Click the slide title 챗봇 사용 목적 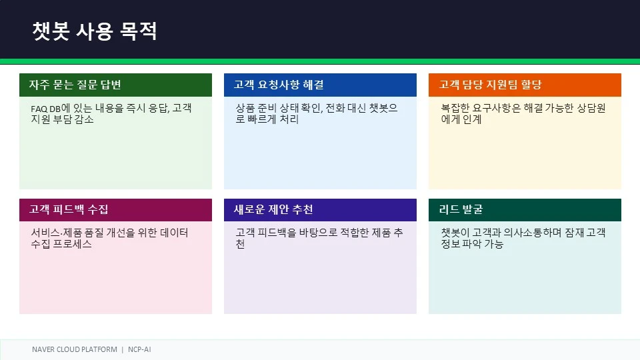tap(94, 31)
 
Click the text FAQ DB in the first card tap(46, 109)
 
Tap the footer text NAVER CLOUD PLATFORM tap(74, 349)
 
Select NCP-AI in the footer tap(139, 349)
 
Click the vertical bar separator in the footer tap(123, 349)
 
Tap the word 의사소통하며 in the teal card tap(533, 233)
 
